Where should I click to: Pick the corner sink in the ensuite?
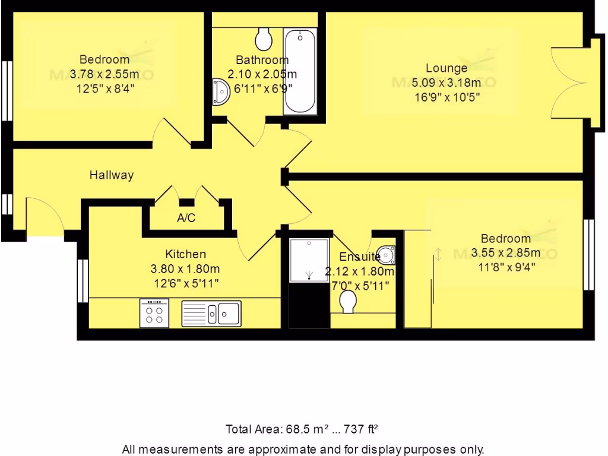click(387, 255)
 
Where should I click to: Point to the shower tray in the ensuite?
click(309, 260)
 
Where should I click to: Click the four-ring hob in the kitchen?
click(154, 312)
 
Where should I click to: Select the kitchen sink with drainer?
click(211, 312)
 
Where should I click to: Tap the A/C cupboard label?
click(186, 218)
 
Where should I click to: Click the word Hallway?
click(112, 175)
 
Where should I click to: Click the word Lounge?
click(446, 68)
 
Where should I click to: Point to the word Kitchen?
click(186, 254)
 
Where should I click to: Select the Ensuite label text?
click(359, 257)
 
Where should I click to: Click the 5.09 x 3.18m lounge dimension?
click(447, 83)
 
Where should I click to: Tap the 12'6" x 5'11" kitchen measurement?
click(186, 284)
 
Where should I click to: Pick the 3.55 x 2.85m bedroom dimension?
click(506, 253)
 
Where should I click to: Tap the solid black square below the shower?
click(309, 305)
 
